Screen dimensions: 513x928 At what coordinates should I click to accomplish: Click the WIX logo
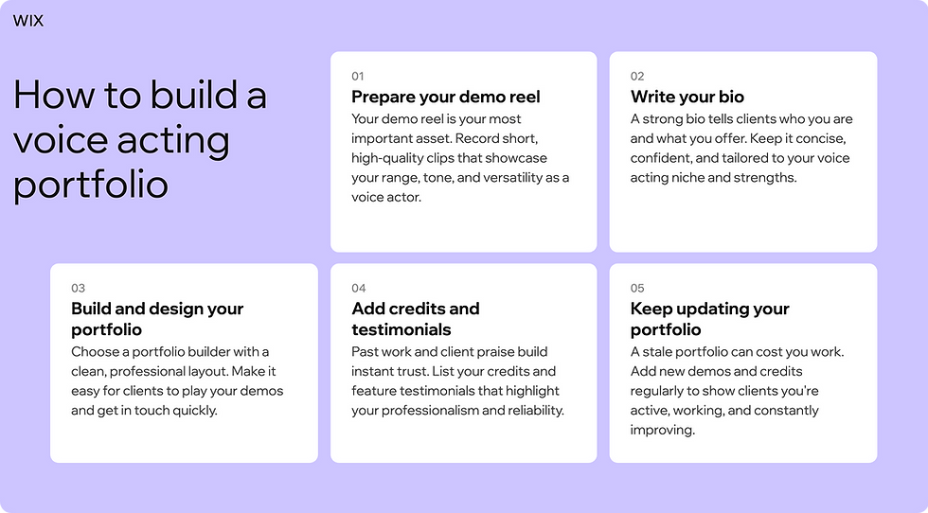pyautogui.click(x=28, y=21)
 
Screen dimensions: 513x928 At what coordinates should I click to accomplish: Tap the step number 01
pyautogui.click(x=357, y=76)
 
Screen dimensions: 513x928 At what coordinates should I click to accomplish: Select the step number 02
pyautogui.click(x=637, y=76)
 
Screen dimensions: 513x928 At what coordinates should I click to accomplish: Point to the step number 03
pyautogui.click(x=78, y=288)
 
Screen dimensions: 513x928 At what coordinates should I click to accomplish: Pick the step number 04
pyautogui.click(x=358, y=288)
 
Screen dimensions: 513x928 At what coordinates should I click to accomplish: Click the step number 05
pyautogui.click(x=637, y=288)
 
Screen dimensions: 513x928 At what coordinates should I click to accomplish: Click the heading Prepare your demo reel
pyautogui.click(x=446, y=97)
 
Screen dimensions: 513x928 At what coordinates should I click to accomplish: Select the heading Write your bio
pyautogui.click(x=687, y=97)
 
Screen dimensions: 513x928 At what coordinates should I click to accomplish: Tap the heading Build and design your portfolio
pyautogui.click(x=157, y=319)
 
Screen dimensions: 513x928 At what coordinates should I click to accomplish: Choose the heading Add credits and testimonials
pyautogui.click(x=415, y=319)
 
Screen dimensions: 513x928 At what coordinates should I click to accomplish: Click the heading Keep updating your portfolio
pyautogui.click(x=709, y=319)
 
